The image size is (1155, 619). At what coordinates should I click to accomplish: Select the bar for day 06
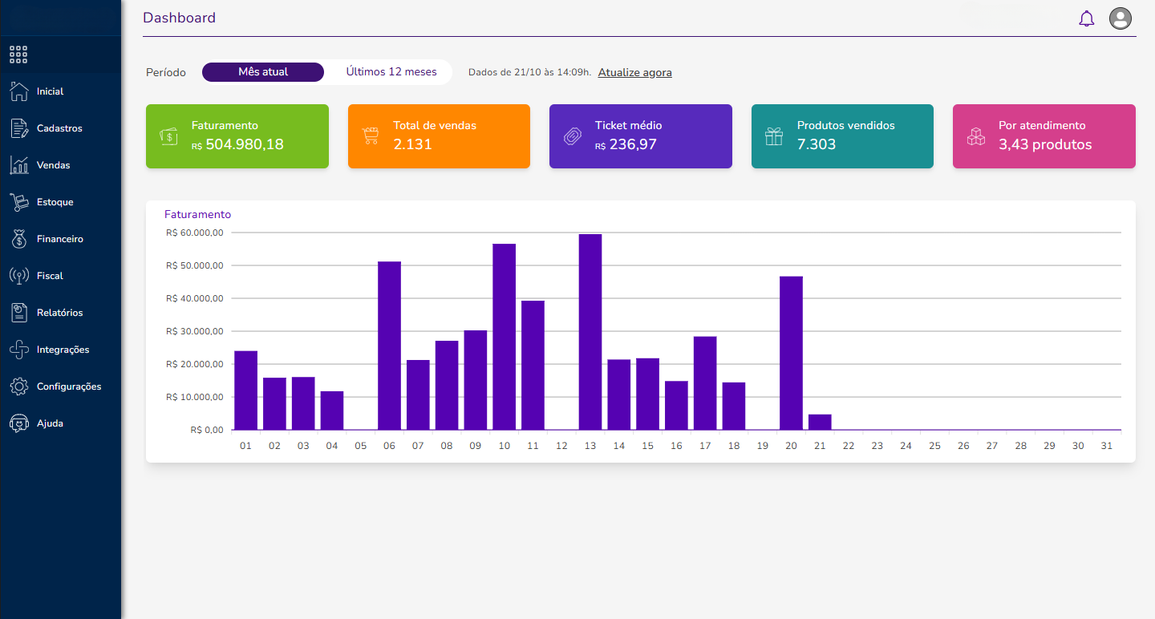point(389,346)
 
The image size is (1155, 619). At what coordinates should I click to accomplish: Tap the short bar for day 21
point(820,422)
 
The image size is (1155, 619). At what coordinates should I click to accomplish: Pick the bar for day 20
point(791,353)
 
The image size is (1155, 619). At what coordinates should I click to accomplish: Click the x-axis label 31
point(1107,446)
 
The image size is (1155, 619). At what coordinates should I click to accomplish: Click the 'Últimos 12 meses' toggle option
point(391,72)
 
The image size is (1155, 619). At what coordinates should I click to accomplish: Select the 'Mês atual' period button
point(263,72)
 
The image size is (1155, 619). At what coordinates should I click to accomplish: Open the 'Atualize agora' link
point(634,72)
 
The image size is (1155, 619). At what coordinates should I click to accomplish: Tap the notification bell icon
point(1086,18)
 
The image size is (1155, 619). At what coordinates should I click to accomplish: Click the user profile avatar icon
point(1120,18)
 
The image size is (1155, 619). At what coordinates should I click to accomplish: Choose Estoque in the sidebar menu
point(55,202)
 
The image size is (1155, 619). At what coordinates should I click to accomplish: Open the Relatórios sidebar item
point(59,313)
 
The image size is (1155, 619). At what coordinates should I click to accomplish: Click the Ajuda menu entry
point(50,423)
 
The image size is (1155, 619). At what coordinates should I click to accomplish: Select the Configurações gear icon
point(19,386)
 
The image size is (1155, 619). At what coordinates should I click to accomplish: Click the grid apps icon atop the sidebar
point(18,55)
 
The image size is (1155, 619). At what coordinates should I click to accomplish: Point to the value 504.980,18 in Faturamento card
point(244,144)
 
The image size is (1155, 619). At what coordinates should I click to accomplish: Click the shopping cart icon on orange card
point(370,136)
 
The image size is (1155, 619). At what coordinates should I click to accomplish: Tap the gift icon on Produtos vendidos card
point(773,136)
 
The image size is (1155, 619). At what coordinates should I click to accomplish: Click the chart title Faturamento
point(197,214)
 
